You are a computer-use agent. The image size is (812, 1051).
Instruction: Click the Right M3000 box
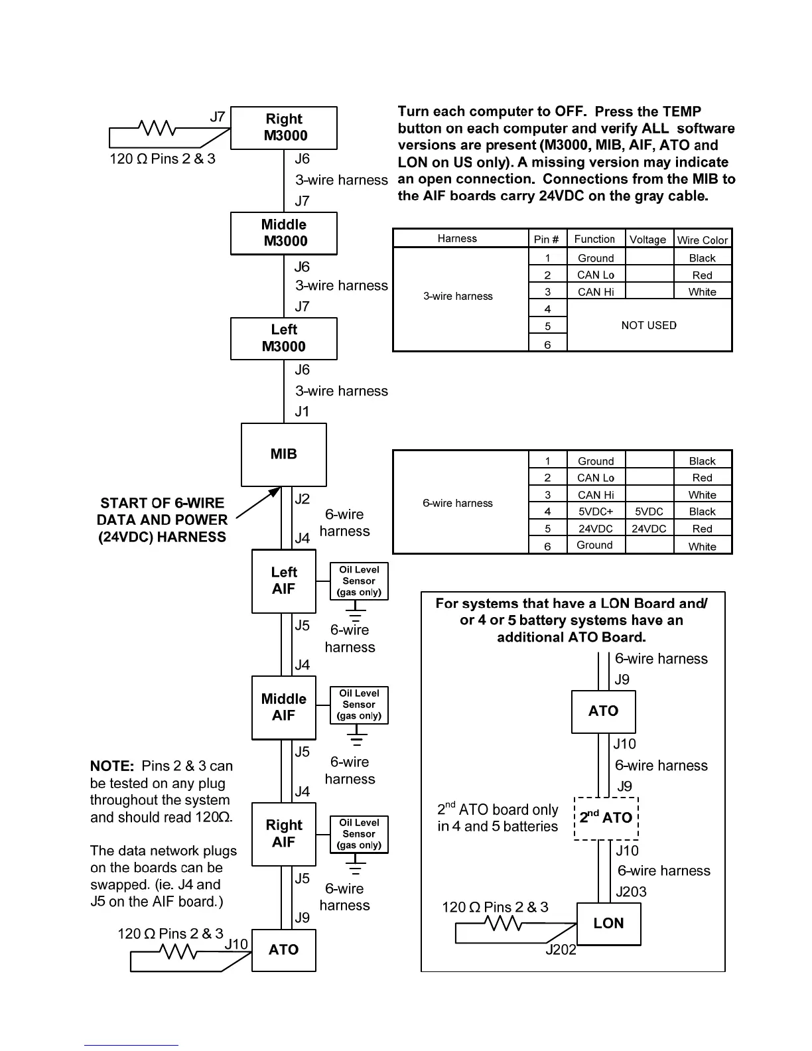pos(284,128)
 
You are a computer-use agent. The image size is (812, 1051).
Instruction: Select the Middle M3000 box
pos(284,234)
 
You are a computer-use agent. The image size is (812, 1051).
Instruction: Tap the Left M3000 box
pos(284,338)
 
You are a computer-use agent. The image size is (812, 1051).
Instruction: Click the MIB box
pos(284,455)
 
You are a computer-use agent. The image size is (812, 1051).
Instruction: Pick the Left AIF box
pos(284,581)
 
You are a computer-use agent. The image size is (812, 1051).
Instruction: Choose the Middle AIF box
pos(284,708)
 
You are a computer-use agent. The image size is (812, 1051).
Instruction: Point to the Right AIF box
pos(284,834)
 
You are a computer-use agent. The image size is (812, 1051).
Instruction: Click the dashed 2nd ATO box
pos(606,818)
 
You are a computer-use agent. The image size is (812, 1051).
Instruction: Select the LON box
pos(609,924)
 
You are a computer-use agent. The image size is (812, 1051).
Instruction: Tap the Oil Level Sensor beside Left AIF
pos(359,581)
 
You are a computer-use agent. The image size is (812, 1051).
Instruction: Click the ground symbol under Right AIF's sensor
pos(357,867)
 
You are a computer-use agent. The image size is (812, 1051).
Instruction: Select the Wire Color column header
pos(702,240)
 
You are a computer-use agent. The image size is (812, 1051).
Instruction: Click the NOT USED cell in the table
pos(649,325)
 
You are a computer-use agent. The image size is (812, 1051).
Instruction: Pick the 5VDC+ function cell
pos(595,512)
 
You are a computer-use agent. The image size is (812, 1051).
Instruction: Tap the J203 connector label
pos(631,892)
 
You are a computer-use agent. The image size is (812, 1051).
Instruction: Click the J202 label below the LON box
pos(561,951)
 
